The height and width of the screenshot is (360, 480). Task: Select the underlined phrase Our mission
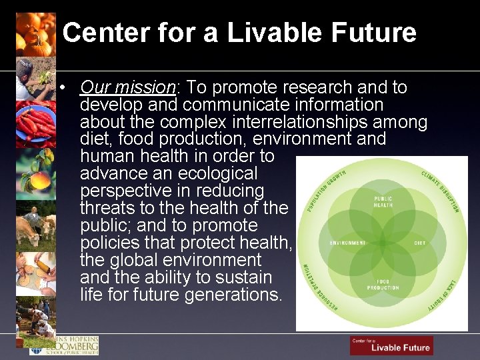[127, 87]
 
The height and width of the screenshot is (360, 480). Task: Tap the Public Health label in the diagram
[383, 202]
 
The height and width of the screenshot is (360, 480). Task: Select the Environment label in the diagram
[347, 243]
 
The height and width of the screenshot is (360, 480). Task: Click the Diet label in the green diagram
[419, 243]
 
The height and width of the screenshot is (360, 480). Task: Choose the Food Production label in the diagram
[383, 285]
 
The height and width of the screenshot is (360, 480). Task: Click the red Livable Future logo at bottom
[391, 345]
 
